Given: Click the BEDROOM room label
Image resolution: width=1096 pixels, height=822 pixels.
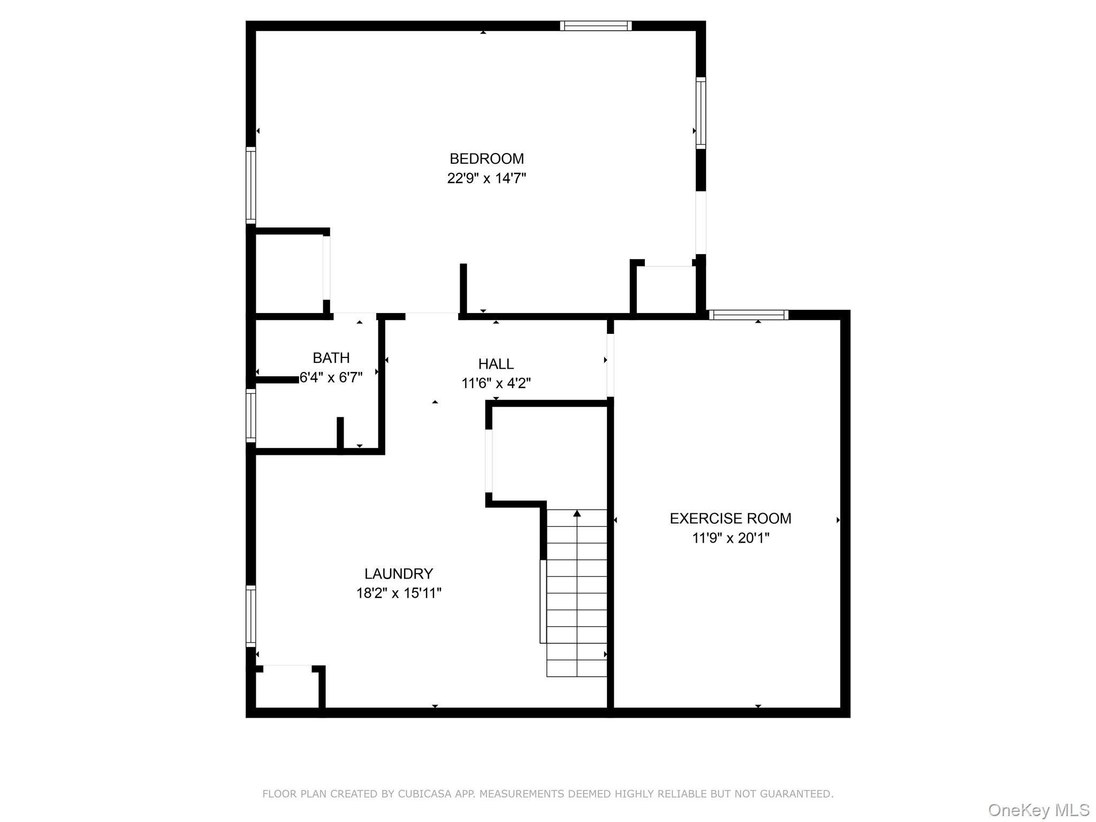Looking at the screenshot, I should pyautogui.click(x=486, y=159).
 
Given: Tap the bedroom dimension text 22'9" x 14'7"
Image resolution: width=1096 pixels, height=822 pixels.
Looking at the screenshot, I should pyautogui.click(x=486, y=178).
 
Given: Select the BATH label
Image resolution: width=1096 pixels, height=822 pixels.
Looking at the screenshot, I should pyautogui.click(x=331, y=357).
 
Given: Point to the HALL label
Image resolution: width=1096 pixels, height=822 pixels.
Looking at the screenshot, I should pyautogui.click(x=496, y=364).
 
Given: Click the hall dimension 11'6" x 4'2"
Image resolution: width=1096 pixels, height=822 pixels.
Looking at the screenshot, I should pyautogui.click(x=496, y=383).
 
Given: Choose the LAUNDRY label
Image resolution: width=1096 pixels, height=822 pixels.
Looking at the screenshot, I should pyautogui.click(x=398, y=574).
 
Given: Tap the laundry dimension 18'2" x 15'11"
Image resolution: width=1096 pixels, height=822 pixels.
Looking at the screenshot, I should pyautogui.click(x=398, y=593).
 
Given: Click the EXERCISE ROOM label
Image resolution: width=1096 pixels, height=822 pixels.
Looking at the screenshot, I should pyautogui.click(x=730, y=518).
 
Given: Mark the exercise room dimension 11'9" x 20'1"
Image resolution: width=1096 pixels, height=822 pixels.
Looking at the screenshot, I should pyautogui.click(x=730, y=538).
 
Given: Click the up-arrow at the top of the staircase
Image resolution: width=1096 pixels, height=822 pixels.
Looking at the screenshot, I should pyautogui.click(x=576, y=514).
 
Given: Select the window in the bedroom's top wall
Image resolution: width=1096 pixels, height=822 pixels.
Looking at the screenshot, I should pyautogui.click(x=596, y=26).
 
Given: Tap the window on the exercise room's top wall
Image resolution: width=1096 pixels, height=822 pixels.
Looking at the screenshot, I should pyautogui.click(x=748, y=315).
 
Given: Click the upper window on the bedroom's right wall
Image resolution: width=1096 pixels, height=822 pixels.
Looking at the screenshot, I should pyautogui.click(x=701, y=112).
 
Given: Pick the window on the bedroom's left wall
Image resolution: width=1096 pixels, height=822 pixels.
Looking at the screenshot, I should pyautogui.click(x=250, y=185).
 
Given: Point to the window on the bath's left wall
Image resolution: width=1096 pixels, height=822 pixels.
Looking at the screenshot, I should pyautogui.click(x=250, y=416).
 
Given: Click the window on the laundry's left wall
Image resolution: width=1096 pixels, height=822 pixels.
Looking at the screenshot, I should pyautogui.click(x=250, y=616).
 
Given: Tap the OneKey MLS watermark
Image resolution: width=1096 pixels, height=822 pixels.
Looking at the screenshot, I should pyautogui.click(x=1038, y=810).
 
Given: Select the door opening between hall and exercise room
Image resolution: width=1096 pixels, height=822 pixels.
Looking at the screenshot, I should pyautogui.click(x=610, y=366).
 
